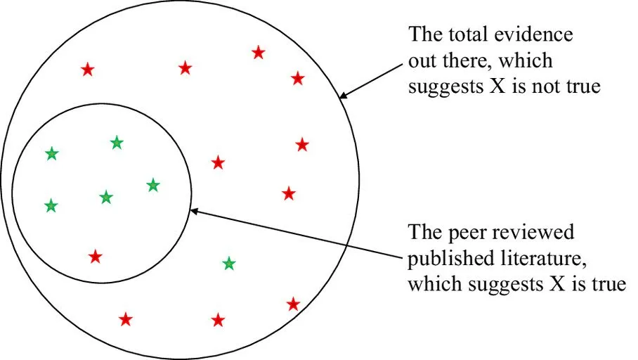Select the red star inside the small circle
[96, 257]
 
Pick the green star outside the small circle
[229, 264]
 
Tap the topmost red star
[259, 52]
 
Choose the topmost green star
[117, 143]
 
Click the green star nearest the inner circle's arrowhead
[153, 186]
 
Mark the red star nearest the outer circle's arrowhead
[298, 78]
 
